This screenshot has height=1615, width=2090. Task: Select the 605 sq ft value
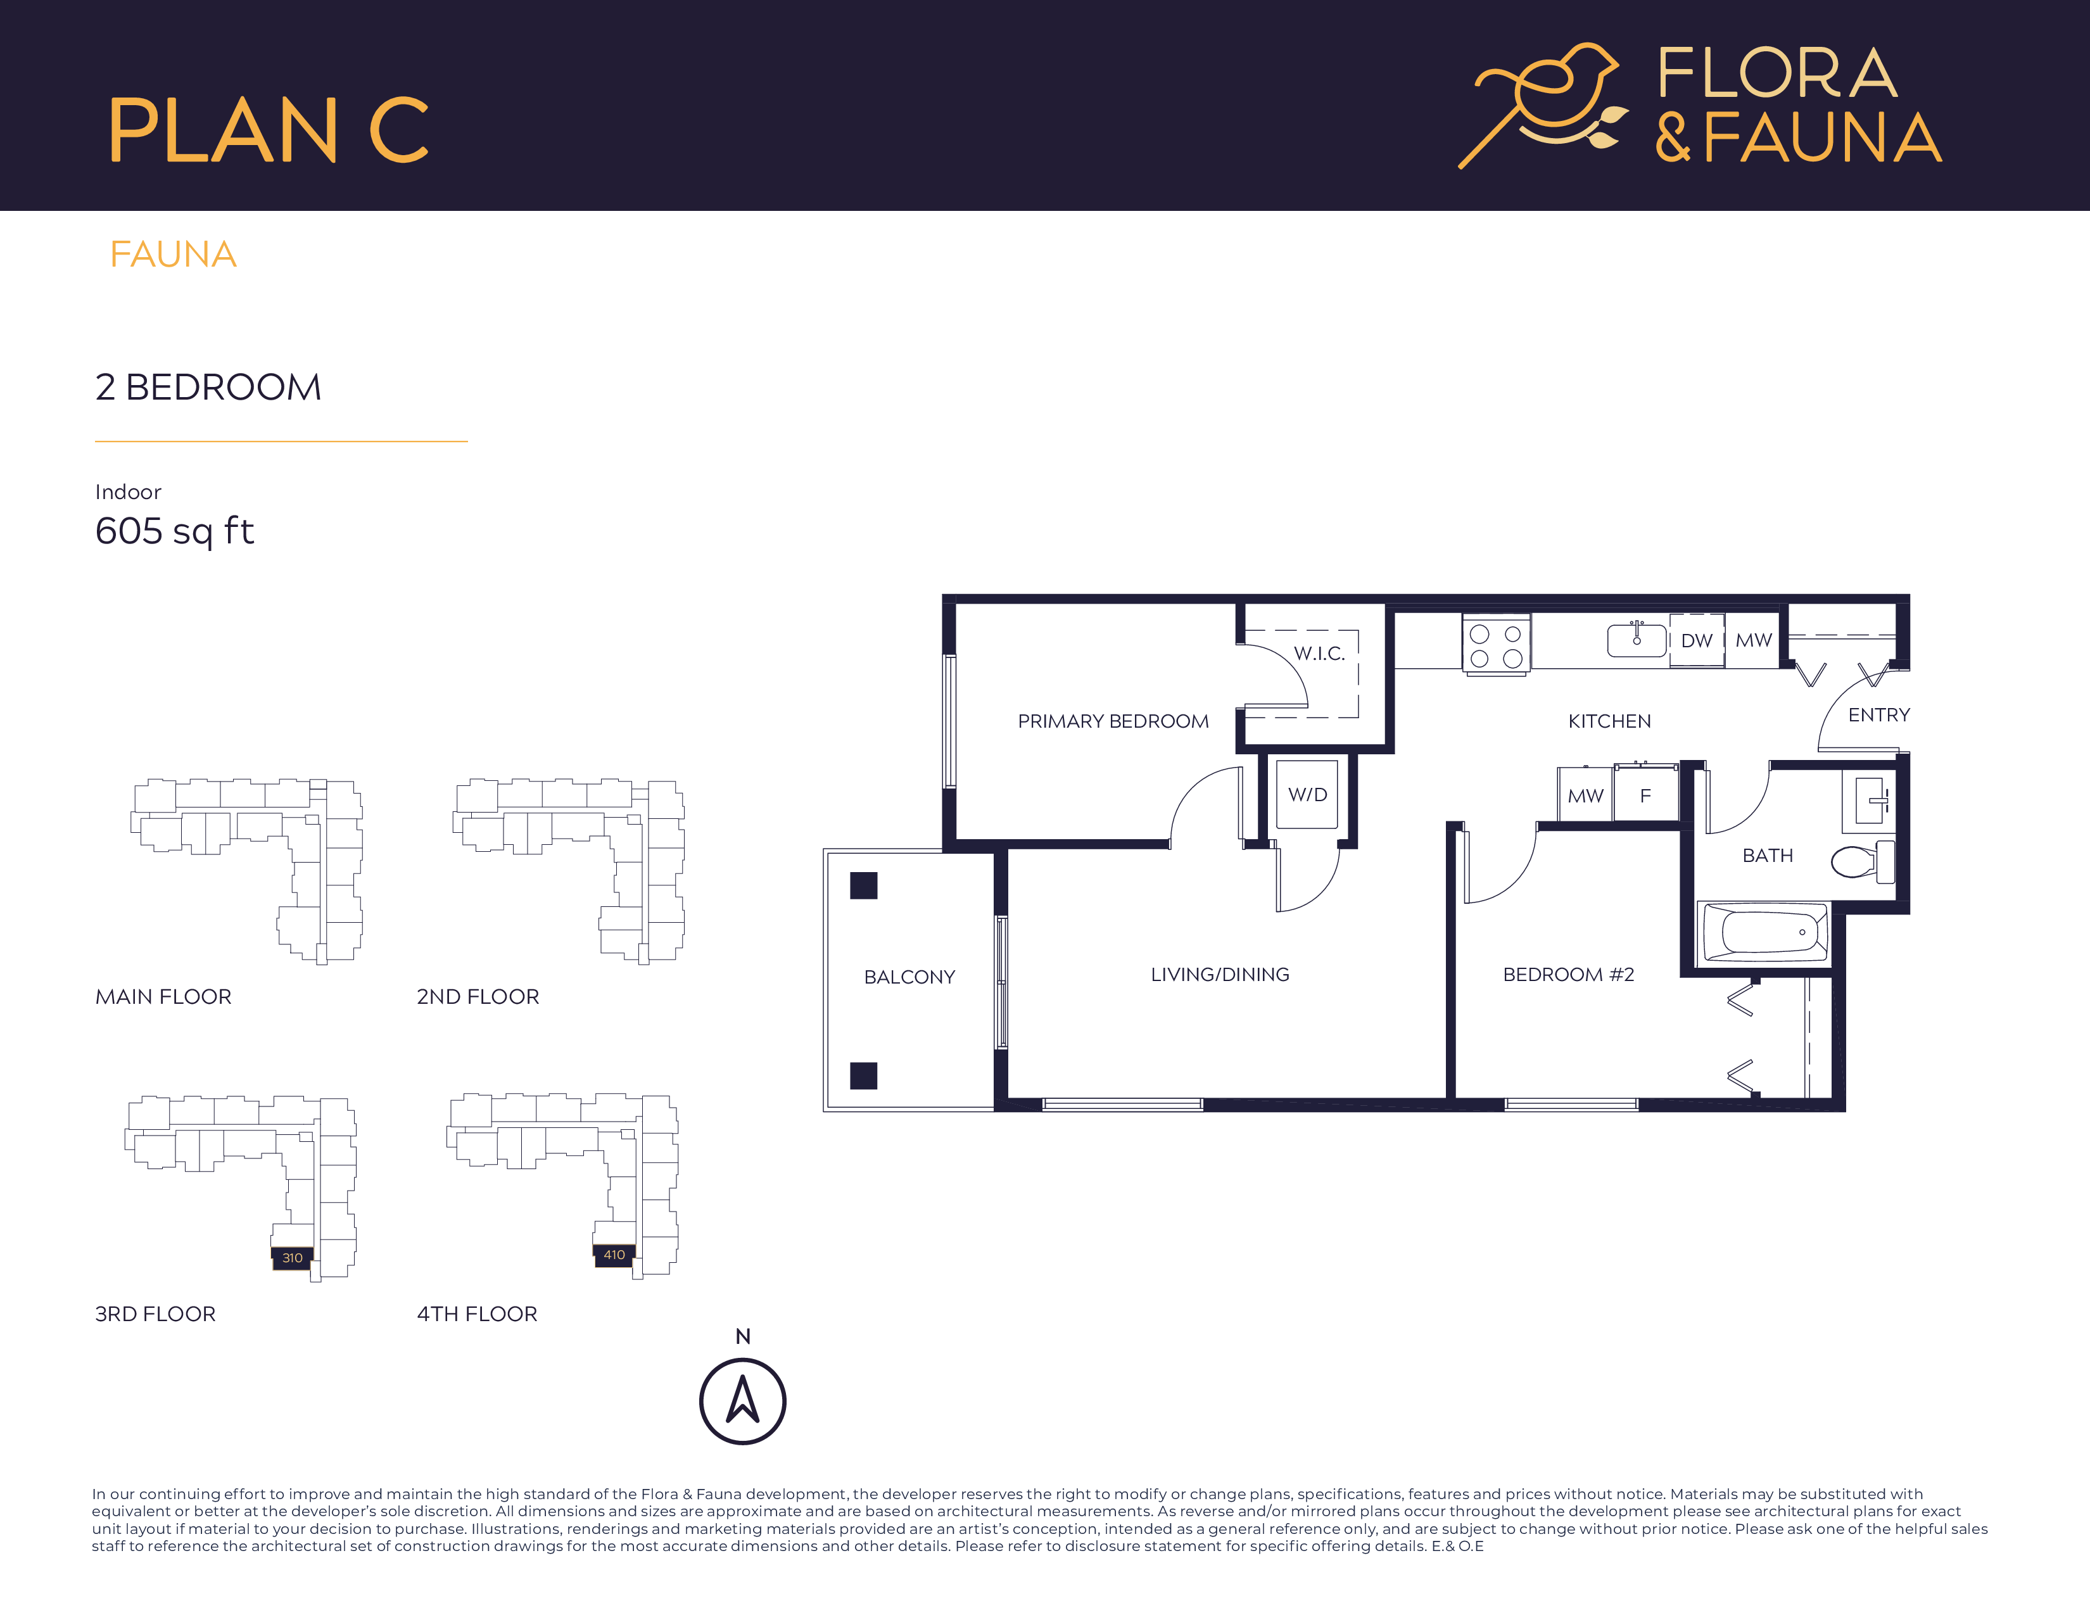174,531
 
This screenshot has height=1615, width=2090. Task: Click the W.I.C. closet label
1319,654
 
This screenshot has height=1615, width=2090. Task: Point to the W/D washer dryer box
1307,795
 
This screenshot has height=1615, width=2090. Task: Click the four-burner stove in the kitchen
1496,645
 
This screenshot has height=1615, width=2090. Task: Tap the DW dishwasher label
1697,640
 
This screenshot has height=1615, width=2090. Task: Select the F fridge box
1645,795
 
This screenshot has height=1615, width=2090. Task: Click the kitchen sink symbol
1637,639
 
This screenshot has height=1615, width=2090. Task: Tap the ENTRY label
1878,714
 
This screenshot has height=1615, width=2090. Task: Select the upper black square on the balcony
863,885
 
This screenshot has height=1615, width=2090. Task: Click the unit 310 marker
292,1257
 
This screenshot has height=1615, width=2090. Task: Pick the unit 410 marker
614,1254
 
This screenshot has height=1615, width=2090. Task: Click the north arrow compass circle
743,1401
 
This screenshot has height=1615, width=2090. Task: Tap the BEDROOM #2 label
1569,974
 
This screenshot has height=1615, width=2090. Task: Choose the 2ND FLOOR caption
478,996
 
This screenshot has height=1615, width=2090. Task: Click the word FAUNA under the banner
173,255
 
